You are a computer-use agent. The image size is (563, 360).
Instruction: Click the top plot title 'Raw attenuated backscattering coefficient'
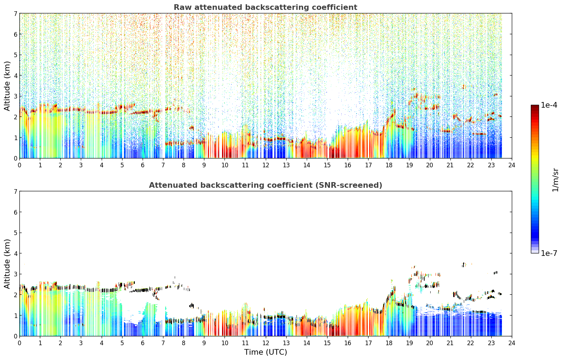click(265, 7)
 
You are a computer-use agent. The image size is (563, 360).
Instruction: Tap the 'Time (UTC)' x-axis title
click(265, 352)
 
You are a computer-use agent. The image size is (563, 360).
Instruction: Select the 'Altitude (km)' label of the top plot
click(7, 86)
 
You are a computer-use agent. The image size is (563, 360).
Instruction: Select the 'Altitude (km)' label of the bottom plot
click(7, 264)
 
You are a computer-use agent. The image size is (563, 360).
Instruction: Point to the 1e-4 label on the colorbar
click(549, 105)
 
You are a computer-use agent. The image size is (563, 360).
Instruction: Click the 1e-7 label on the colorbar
click(549, 253)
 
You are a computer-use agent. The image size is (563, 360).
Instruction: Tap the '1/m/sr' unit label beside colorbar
click(555, 180)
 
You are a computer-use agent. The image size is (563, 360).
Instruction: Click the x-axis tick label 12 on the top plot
click(266, 165)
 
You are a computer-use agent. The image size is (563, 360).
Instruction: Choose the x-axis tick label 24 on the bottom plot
click(512, 343)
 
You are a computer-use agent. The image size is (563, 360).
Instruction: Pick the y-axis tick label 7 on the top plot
click(15, 13)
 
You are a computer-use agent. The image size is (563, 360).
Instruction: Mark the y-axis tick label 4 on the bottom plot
click(15, 253)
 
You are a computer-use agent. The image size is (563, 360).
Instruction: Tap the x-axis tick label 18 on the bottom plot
click(389, 343)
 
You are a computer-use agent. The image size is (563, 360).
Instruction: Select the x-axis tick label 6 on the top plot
click(143, 165)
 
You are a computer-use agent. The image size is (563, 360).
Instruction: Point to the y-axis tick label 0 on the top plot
click(15, 158)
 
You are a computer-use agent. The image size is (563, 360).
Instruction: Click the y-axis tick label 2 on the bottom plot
click(15, 295)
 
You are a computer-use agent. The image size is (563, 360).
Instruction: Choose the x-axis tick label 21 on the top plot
click(450, 165)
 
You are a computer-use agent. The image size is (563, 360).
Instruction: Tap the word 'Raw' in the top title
click(183, 7)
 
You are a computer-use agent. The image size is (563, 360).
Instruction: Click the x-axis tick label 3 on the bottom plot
click(81, 343)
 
